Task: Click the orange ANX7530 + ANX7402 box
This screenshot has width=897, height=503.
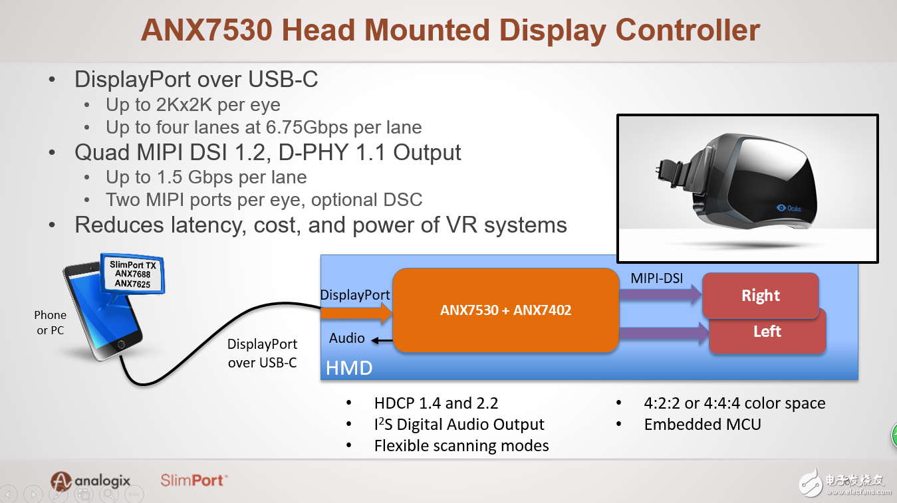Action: tap(506, 310)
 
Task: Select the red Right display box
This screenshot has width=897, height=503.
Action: tap(761, 295)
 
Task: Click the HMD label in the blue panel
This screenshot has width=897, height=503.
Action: tap(349, 367)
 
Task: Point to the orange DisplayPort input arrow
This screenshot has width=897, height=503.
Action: tap(356, 313)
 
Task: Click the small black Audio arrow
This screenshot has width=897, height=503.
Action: tap(382, 340)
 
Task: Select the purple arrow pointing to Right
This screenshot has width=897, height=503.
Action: tap(660, 295)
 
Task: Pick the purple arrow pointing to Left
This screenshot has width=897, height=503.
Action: tap(664, 334)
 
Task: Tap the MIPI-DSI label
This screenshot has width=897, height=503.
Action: tap(657, 278)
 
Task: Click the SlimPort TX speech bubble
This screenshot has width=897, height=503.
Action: tap(132, 275)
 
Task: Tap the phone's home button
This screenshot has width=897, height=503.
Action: tap(121, 344)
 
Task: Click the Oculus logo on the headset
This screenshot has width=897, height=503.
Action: tap(789, 208)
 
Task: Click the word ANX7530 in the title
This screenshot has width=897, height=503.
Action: tap(206, 30)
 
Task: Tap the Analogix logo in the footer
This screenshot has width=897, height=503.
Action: tap(90, 480)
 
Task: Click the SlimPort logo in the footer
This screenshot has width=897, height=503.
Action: tap(194, 480)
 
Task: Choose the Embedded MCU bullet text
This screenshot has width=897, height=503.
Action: tap(702, 425)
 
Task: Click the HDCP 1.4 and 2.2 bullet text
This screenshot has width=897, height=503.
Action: tap(436, 403)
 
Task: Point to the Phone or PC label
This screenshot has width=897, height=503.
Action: tap(50, 322)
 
